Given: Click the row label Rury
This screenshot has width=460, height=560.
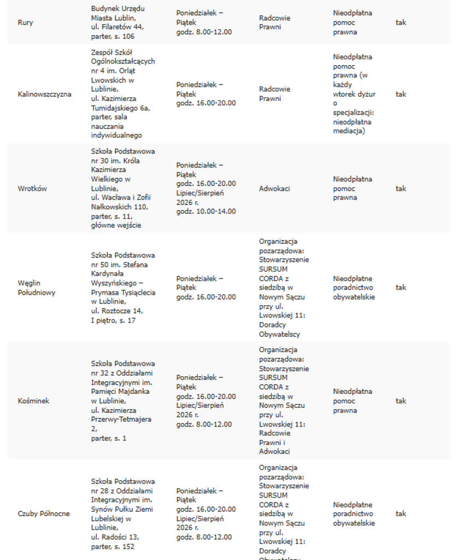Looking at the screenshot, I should pos(25,23).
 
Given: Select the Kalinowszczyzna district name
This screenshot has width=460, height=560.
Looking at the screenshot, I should pos(44,94).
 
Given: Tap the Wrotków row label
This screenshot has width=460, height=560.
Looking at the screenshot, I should pos(32,189).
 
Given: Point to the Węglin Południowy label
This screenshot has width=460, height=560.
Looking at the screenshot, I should pos(37,288).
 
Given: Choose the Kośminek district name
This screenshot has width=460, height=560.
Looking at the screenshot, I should pos(33,401).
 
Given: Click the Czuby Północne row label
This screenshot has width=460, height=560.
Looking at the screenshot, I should pos(44,514).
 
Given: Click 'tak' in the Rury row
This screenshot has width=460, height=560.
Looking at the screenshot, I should pos(401,23).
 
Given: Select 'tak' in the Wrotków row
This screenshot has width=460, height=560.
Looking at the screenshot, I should pos(401,189).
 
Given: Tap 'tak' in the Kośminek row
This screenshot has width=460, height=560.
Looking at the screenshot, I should pos(401,401).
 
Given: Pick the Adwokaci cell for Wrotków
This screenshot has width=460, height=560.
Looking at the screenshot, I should pos(275,189).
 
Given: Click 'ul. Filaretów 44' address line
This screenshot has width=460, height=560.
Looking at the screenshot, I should pos(118,27).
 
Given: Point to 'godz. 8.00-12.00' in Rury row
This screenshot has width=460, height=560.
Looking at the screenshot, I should pos(204,32).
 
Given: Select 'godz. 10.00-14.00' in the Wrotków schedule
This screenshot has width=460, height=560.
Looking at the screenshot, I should pos(206,211).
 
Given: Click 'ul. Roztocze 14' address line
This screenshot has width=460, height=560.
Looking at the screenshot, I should pos(117,311).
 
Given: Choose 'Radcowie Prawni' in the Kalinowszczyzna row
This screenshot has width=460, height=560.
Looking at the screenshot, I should pos(275,94).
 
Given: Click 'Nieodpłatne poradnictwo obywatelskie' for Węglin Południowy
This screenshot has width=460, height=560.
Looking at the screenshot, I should pos(354,288).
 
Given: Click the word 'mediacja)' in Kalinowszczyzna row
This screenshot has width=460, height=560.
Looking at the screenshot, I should pos(349,131).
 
